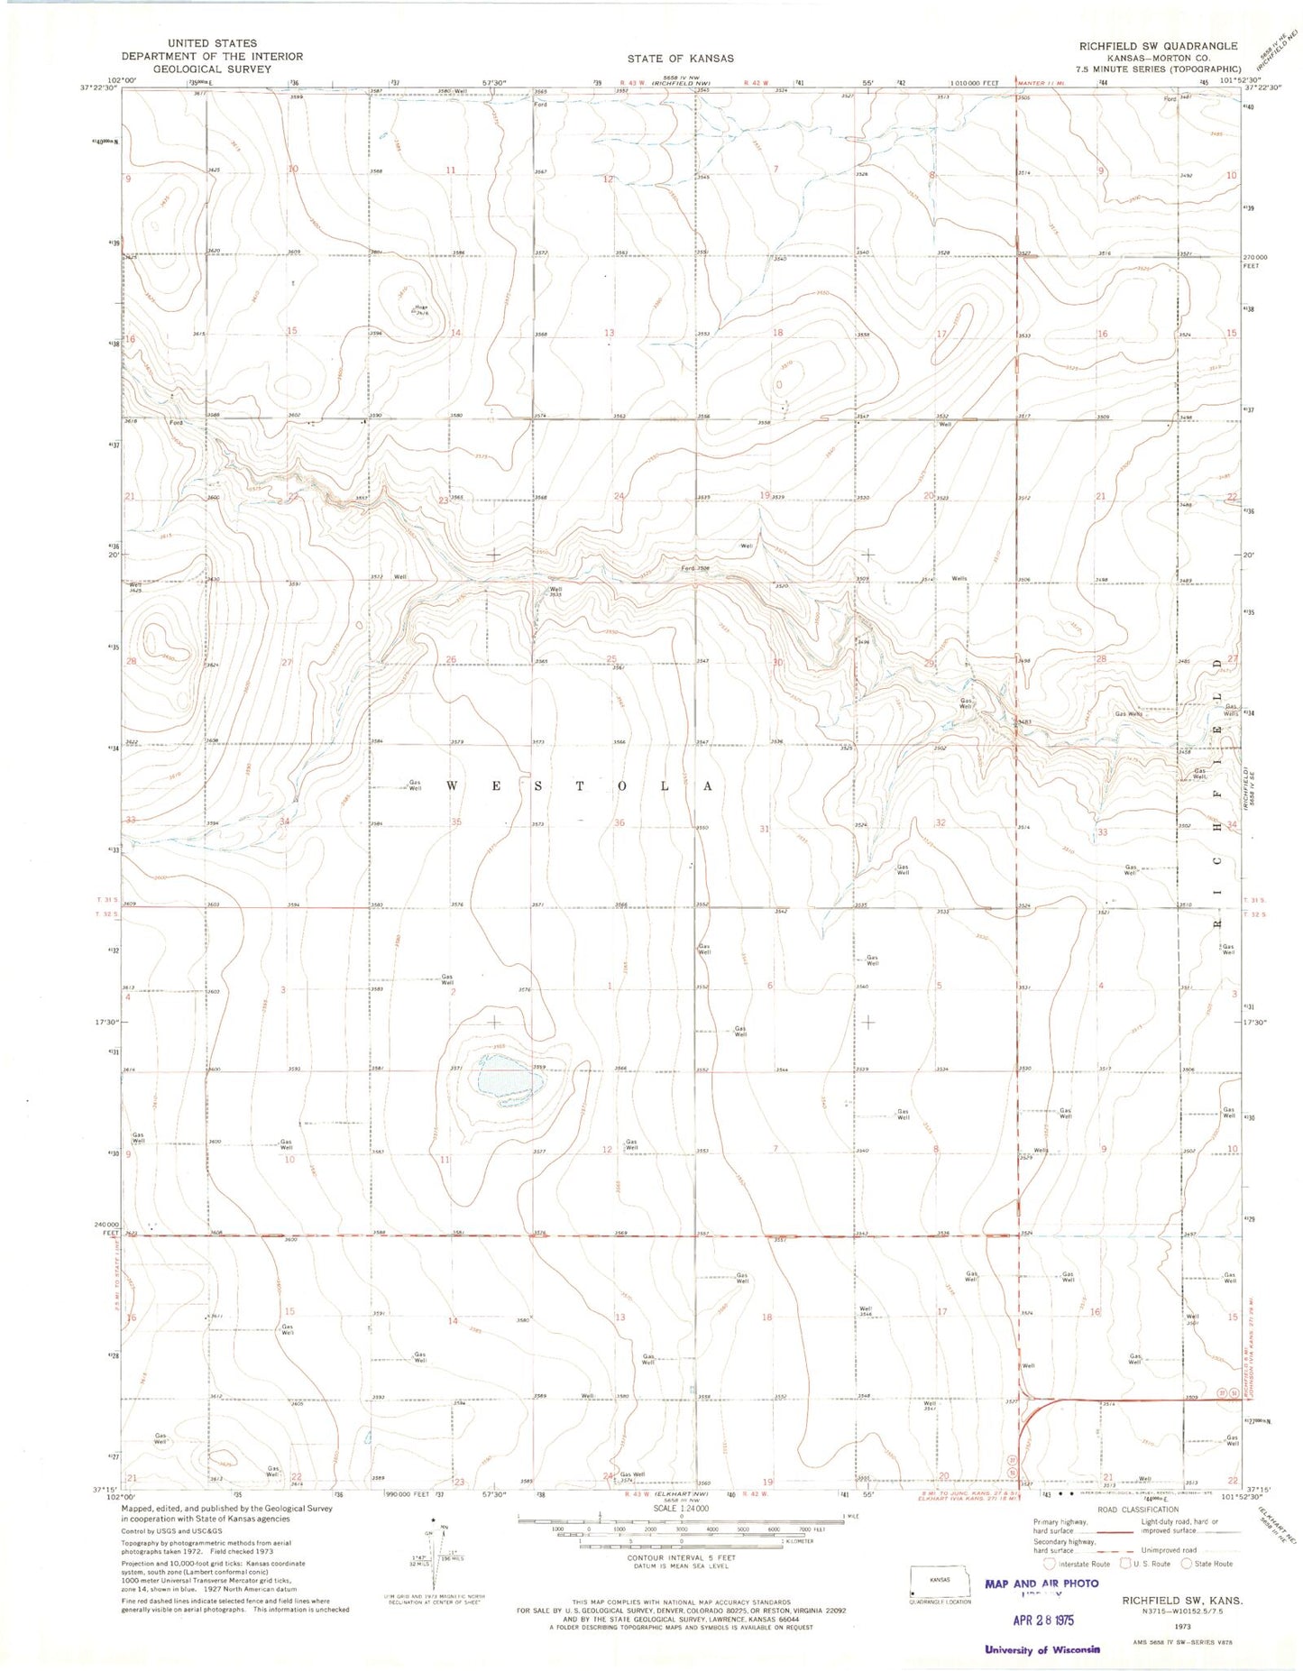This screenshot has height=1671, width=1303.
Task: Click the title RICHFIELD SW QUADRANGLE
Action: pos(1152,45)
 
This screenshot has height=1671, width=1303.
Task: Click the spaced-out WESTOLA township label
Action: pos(581,786)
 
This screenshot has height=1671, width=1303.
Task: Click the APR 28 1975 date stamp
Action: pos(1041,1620)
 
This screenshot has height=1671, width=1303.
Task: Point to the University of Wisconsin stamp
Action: pos(1041,1650)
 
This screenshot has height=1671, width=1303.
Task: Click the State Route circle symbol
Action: pos(1187,1564)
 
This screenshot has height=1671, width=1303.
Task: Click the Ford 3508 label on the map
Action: pos(695,569)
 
